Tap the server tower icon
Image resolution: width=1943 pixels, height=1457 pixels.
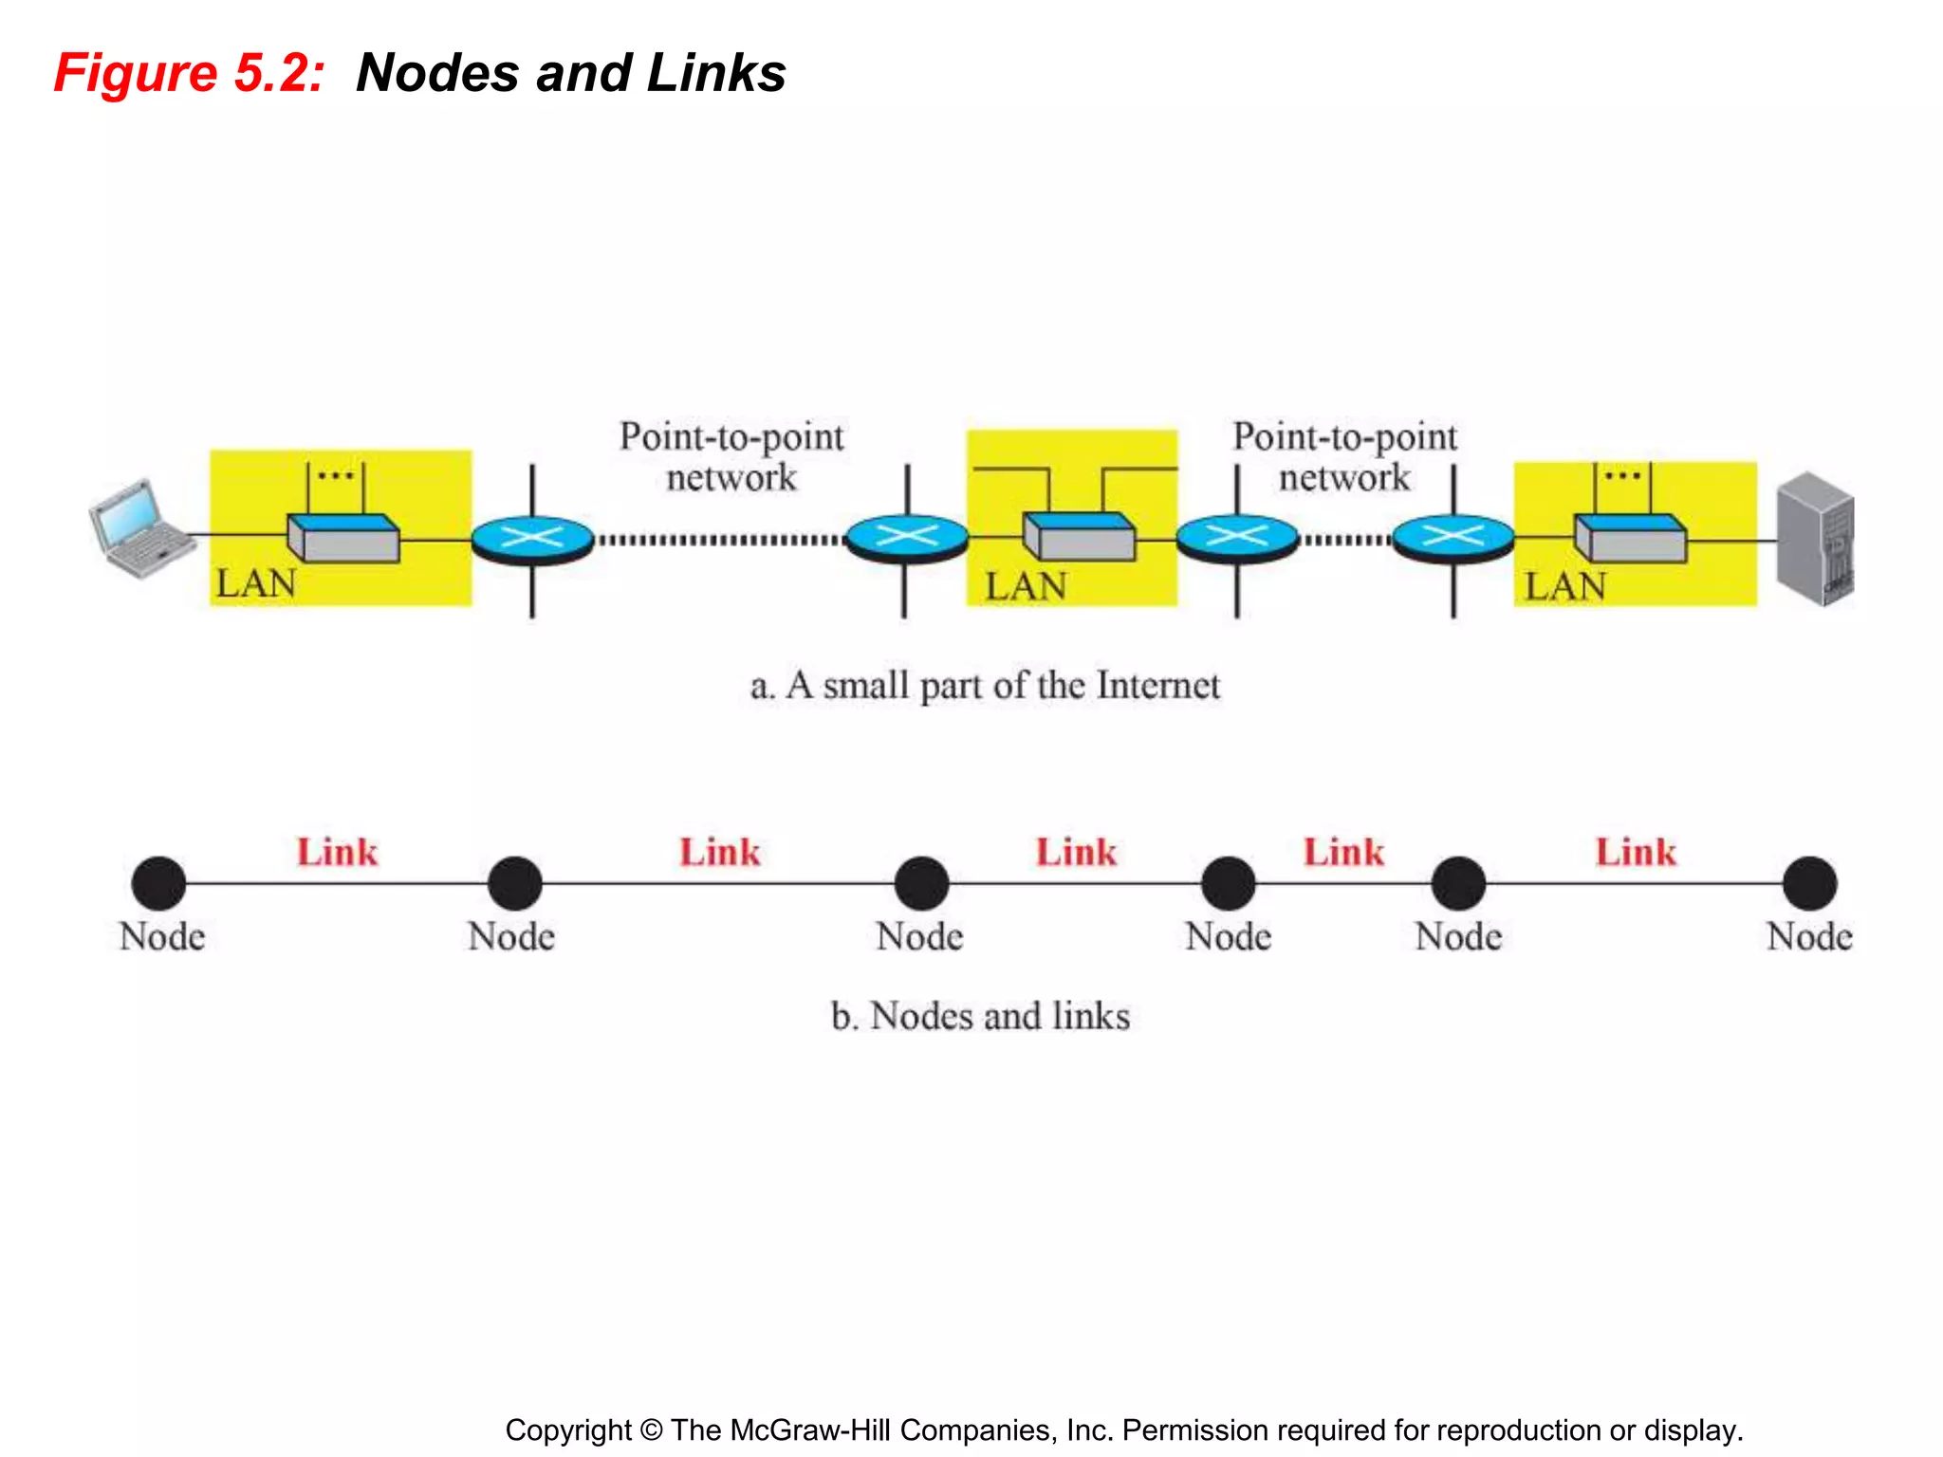tap(1815, 539)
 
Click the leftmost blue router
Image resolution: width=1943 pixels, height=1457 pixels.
tap(532, 539)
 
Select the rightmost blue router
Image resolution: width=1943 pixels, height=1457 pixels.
tap(1453, 539)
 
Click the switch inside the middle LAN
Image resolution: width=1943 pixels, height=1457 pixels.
tap(1079, 537)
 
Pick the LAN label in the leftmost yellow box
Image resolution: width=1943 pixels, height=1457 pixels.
tap(256, 583)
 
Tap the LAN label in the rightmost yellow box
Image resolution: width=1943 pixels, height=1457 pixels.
tap(1564, 586)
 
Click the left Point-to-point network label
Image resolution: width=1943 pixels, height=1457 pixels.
tap(731, 457)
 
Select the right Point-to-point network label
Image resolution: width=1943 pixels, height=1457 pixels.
tap(1344, 457)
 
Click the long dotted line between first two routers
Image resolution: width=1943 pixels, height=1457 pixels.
tap(721, 541)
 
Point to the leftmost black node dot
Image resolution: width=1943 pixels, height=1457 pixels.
tap(158, 883)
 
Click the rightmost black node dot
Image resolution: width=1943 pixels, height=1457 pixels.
tap(1809, 883)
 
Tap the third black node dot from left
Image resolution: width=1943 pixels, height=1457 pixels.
tap(921, 883)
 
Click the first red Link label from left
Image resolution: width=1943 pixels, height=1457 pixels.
tap(337, 852)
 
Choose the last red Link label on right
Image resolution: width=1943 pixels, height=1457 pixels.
tap(1636, 852)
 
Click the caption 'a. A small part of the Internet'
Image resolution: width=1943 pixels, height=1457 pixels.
tap(985, 686)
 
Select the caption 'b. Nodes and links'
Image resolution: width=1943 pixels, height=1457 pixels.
tap(980, 1016)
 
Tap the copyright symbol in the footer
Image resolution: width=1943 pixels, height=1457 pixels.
tap(650, 1430)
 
